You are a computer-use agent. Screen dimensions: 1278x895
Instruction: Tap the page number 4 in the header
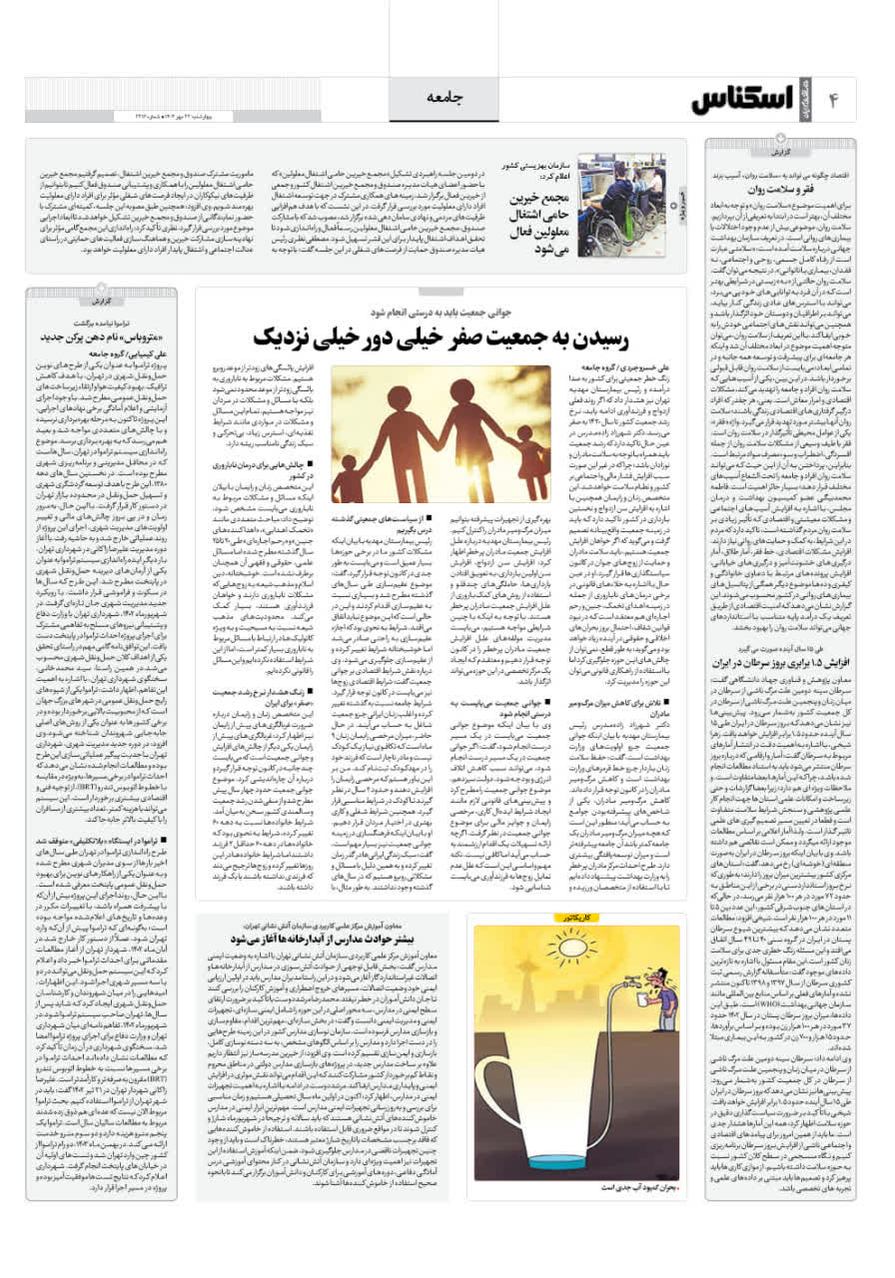(x=833, y=99)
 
